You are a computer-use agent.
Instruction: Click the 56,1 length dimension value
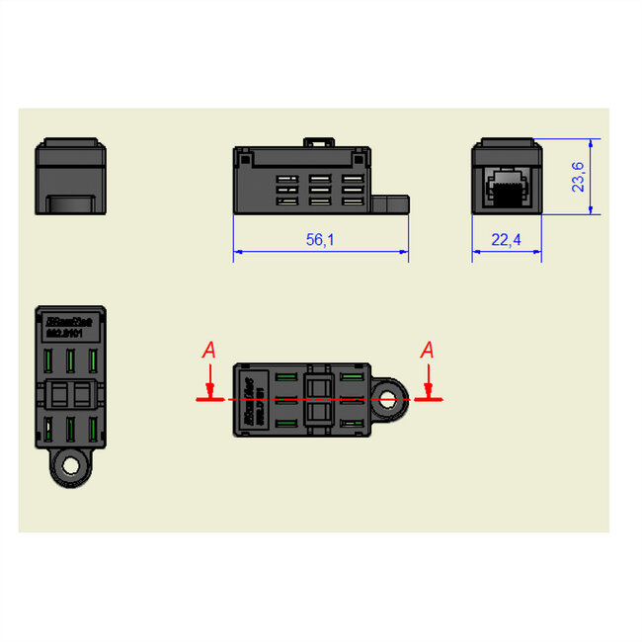tap(320, 240)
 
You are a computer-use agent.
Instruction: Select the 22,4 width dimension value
tap(507, 240)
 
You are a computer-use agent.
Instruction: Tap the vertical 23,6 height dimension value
tap(580, 177)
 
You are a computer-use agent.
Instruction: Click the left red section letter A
tap(208, 350)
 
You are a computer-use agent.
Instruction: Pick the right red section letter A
tap(427, 350)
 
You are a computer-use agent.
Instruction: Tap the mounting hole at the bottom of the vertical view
tap(70, 464)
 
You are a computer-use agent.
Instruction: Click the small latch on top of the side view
tap(316, 142)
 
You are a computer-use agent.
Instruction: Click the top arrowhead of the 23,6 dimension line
tap(591, 140)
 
